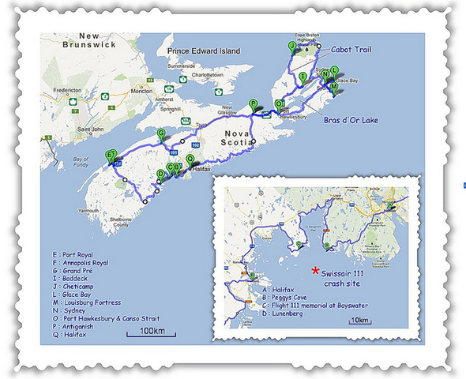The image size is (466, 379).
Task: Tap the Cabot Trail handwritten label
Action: click(x=351, y=50)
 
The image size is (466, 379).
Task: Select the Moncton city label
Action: click(x=141, y=91)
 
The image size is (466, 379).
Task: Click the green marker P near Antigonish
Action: click(x=253, y=103)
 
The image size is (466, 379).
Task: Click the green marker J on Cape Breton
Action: click(x=292, y=47)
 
